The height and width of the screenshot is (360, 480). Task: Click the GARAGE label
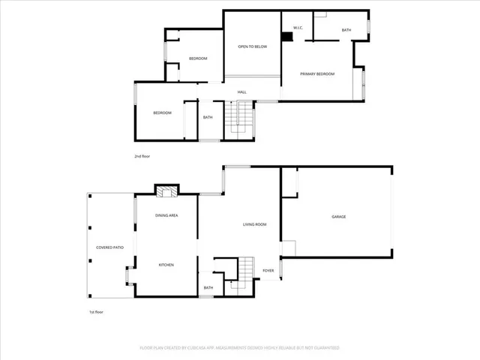coord(339,217)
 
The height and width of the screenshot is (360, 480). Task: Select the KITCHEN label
coord(166,265)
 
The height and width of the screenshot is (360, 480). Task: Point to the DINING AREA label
coord(166,215)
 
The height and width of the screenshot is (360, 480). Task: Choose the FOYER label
coord(268,271)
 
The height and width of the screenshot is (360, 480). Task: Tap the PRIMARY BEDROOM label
coord(316,73)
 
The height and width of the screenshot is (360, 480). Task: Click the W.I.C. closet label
coord(297,28)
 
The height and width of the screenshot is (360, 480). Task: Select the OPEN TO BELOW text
coord(253,46)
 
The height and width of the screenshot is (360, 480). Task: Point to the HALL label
coord(242,92)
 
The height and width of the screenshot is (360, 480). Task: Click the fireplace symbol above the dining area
coord(166,191)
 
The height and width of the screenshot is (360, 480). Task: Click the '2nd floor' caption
coord(142,156)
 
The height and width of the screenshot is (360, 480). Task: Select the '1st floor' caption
coord(95,311)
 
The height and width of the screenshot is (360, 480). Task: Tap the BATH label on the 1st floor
coord(208,287)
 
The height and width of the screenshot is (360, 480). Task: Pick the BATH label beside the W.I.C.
coord(346,30)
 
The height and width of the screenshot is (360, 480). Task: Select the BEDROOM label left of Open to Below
coord(198,58)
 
